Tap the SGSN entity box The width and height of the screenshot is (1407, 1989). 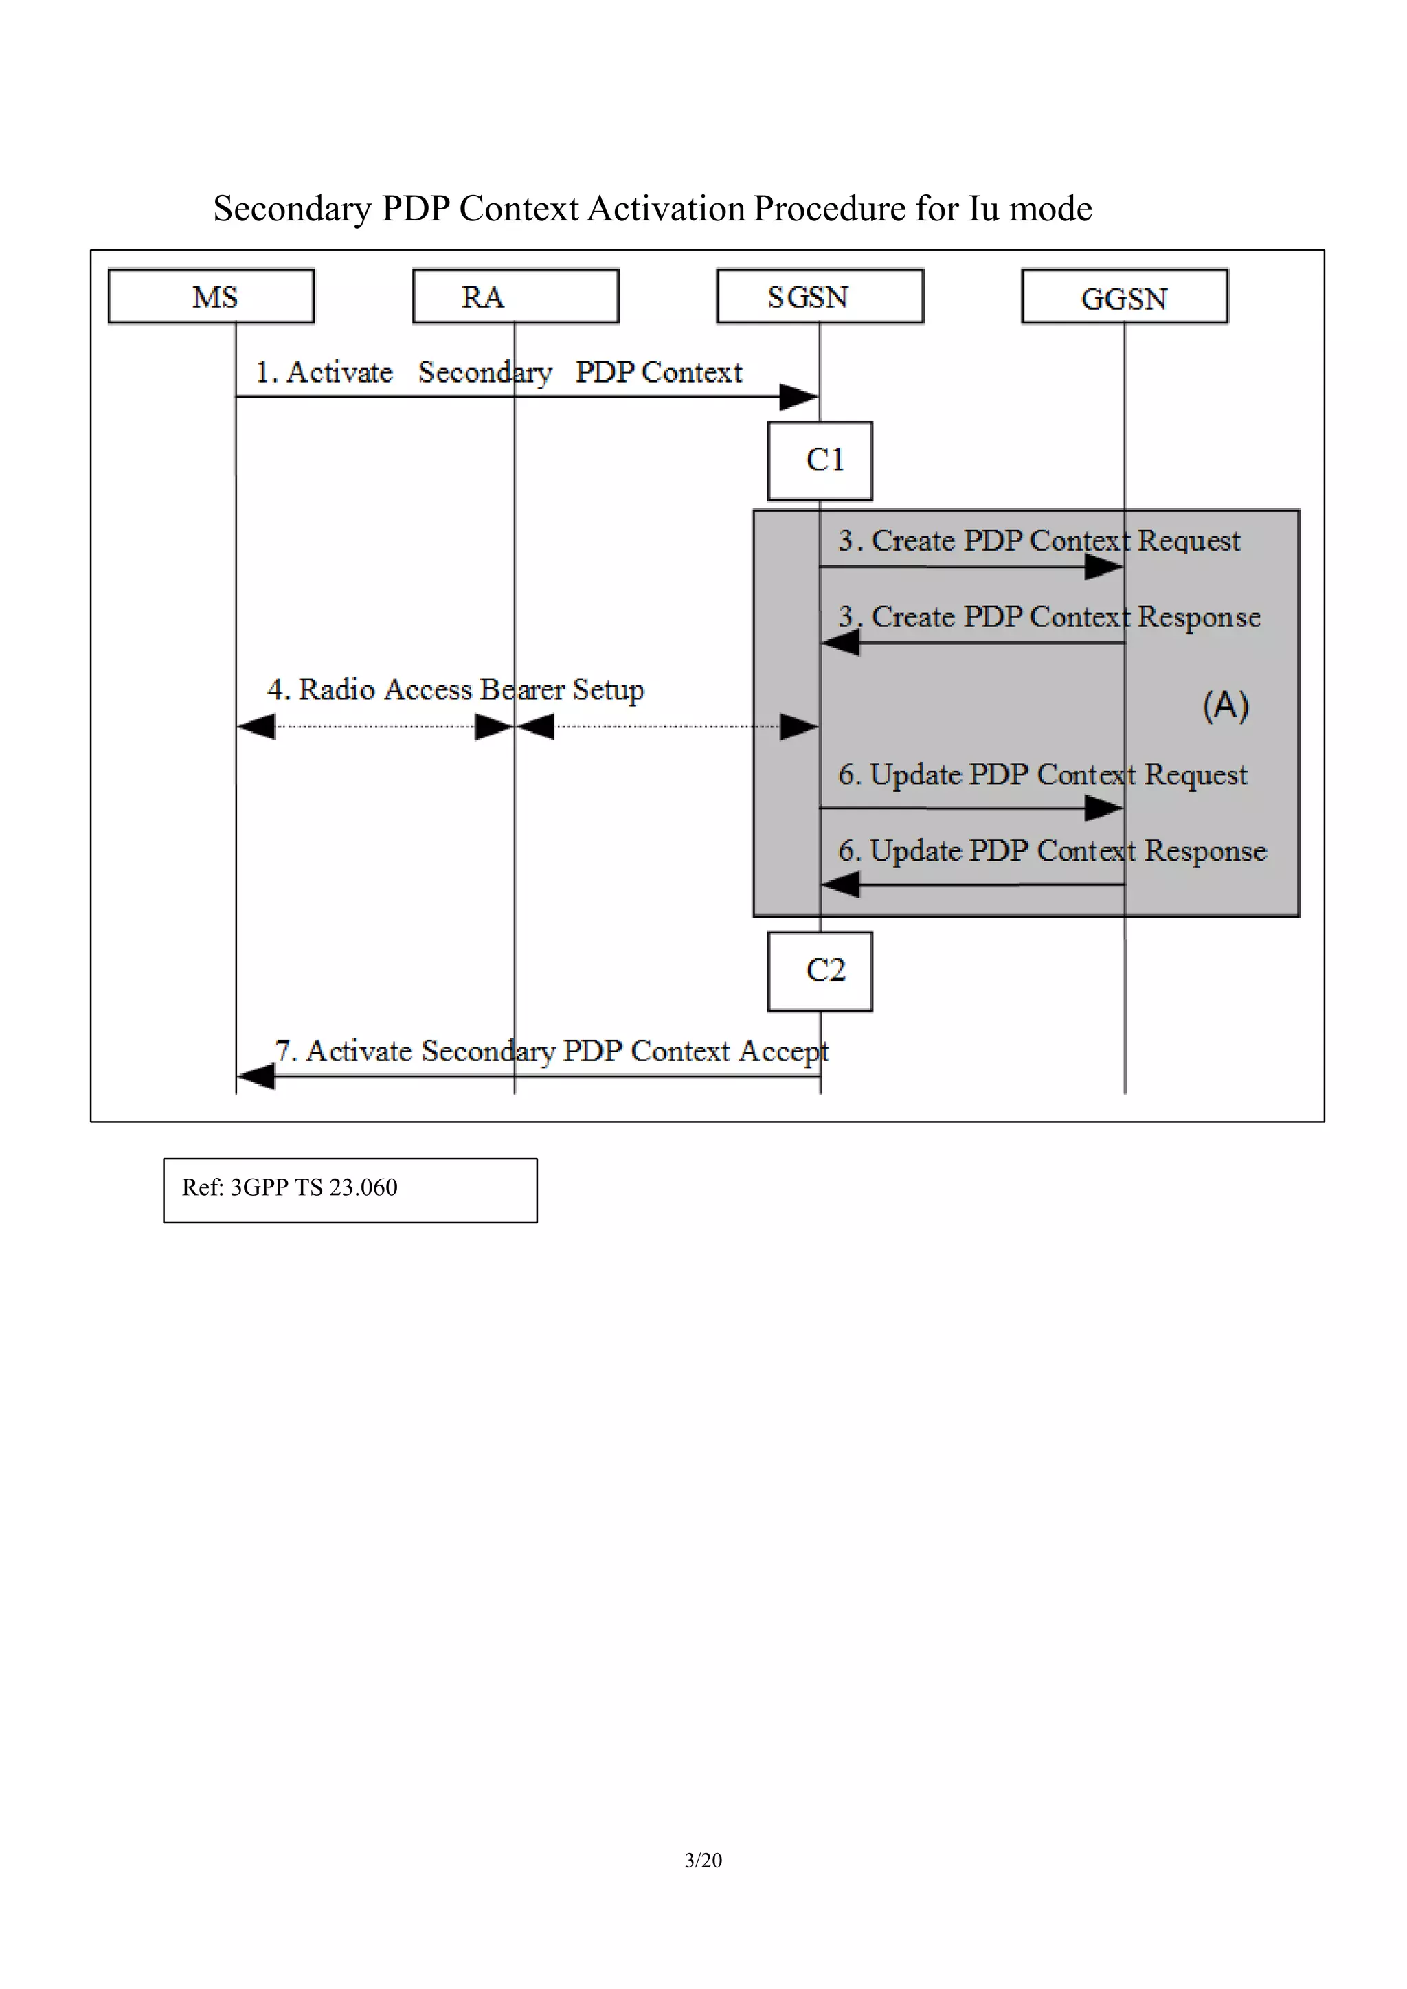820,296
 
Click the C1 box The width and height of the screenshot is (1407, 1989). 820,461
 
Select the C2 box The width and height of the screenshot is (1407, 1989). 820,971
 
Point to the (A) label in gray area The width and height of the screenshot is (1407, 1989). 1225,705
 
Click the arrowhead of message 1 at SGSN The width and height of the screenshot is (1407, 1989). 799,398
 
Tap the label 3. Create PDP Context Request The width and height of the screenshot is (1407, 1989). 1038,541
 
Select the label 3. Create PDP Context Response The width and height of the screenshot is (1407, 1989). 1048,617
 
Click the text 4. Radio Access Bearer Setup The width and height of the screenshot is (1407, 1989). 455,690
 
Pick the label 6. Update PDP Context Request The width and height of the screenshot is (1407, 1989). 1042,775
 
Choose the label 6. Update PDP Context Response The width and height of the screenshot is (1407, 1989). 1052,851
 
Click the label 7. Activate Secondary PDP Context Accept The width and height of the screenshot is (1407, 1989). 551,1051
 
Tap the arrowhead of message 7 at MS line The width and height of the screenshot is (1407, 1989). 256,1077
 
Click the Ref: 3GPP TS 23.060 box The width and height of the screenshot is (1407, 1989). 350,1190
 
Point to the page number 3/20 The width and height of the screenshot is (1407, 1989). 703,1860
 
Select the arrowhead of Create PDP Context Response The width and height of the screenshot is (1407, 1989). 840,643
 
